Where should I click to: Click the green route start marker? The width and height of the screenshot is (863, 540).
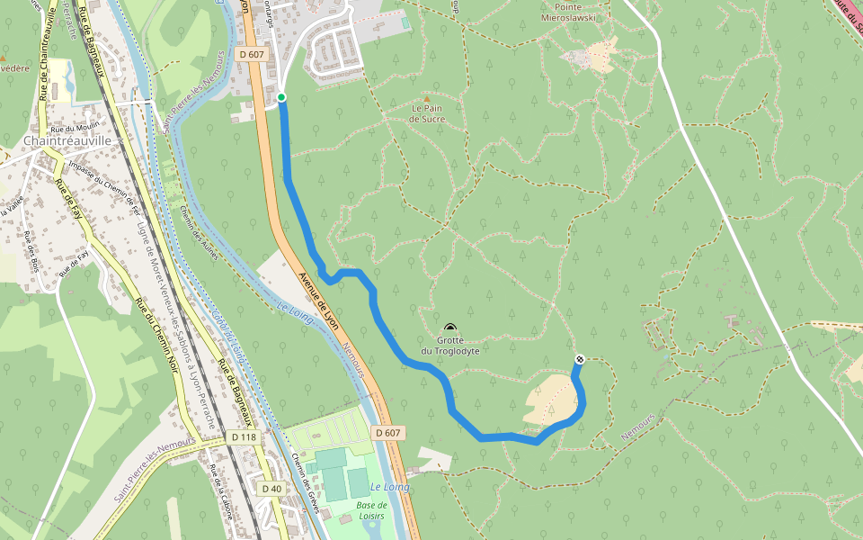pos(281,97)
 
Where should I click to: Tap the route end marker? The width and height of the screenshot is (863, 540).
pos(580,360)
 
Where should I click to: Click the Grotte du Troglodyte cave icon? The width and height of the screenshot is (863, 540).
pos(449,328)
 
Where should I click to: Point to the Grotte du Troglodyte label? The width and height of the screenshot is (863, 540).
pos(449,346)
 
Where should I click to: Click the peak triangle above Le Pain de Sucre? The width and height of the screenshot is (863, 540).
pos(427,98)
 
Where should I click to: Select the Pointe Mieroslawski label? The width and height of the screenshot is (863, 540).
pos(570,12)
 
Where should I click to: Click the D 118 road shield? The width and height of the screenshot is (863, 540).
pos(244,437)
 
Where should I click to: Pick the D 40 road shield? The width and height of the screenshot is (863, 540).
pos(271,488)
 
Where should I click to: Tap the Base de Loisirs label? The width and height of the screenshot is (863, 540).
pos(370,510)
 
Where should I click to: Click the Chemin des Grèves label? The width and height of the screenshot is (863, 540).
pos(306,476)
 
